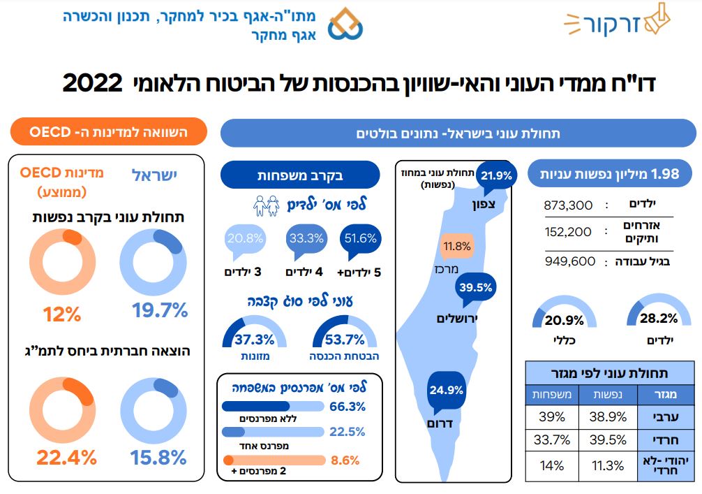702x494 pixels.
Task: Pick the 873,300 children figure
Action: click(x=568, y=205)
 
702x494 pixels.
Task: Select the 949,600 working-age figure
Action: click(x=569, y=261)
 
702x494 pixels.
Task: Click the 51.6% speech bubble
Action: click(x=360, y=240)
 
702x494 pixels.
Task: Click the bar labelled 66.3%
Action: click(x=272, y=406)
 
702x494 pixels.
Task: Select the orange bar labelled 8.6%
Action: click(x=274, y=460)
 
